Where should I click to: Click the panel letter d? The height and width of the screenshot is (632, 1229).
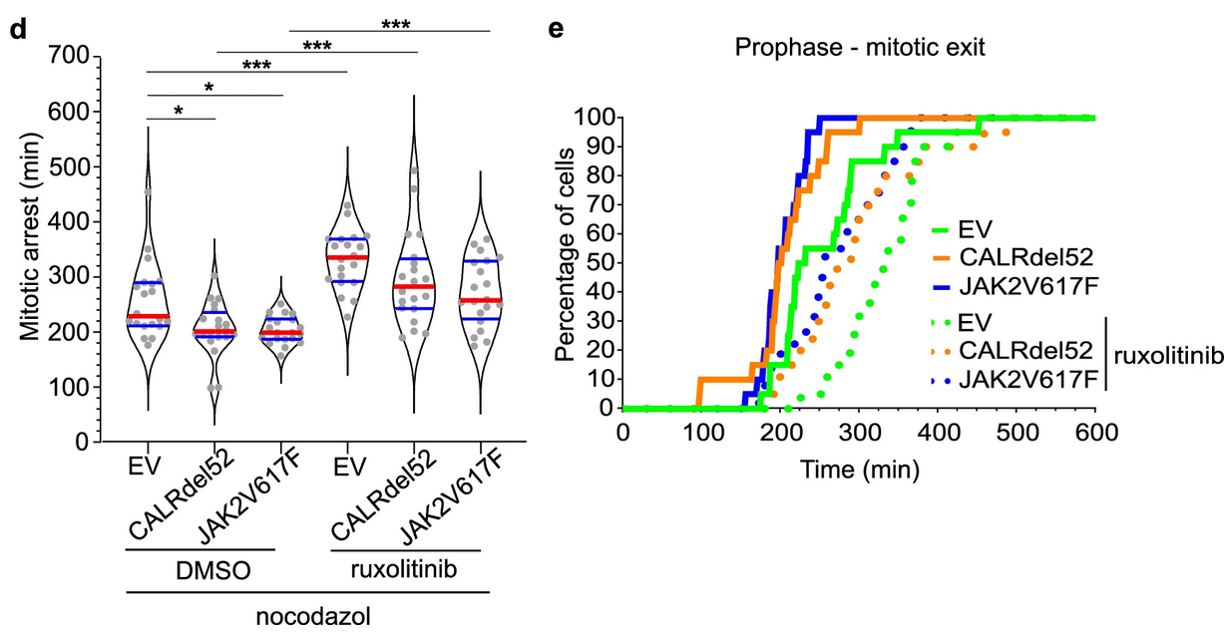pos(18,29)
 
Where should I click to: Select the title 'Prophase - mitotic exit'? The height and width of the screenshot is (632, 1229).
pos(860,47)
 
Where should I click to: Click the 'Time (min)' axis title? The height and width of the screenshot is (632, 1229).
pos(860,468)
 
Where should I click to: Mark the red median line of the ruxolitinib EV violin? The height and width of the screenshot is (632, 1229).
pos(346,257)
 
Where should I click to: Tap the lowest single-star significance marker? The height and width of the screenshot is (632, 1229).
pos(179,110)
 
